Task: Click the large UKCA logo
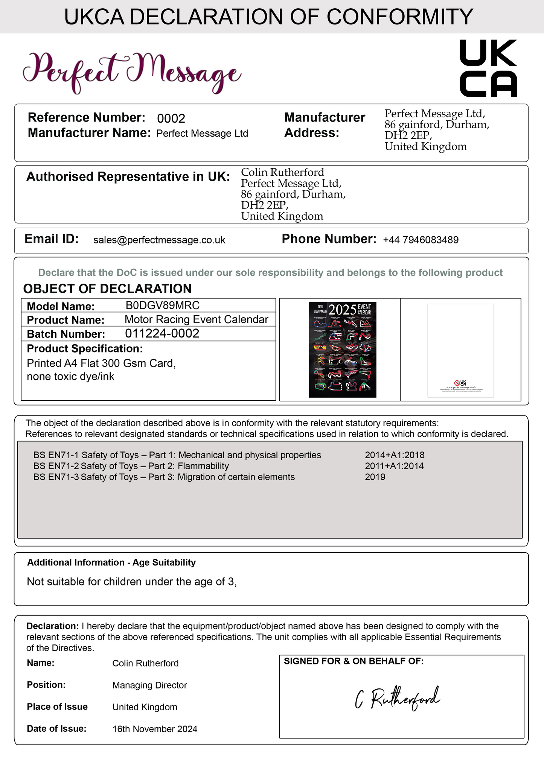(x=488, y=68)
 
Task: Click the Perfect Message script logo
(x=132, y=72)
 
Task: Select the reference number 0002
(x=171, y=119)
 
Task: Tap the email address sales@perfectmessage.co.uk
(x=159, y=240)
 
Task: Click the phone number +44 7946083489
(x=421, y=240)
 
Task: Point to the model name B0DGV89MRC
(x=163, y=305)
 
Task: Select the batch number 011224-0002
(x=162, y=334)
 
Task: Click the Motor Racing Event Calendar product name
(x=196, y=319)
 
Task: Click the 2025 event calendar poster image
(x=342, y=350)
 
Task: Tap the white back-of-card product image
(x=460, y=350)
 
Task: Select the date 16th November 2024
(x=155, y=729)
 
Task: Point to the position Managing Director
(x=149, y=685)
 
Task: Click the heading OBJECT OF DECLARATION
(x=107, y=289)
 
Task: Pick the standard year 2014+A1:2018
(x=395, y=455)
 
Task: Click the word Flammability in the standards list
(x=203, y=466)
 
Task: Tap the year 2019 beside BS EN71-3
(x=375, y=477)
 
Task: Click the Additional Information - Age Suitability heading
(x=111, y=562)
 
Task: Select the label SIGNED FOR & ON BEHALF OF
(x=354, y=661)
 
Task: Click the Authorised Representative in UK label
(x=128, y=176)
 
